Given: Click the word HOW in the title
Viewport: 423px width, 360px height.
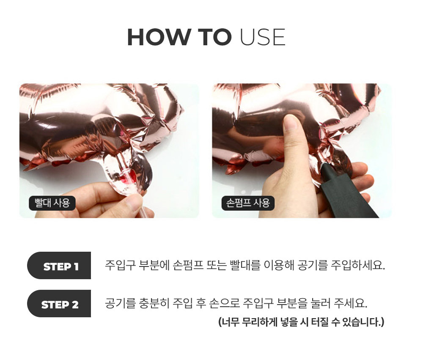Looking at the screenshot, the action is [158, 37].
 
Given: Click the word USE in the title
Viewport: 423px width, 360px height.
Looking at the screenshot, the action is [263, 37].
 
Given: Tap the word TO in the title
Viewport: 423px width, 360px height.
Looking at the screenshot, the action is [214, 37].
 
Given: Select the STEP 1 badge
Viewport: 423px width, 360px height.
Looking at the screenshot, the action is [59, 266].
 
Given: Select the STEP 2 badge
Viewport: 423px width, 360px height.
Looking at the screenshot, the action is [59, 304].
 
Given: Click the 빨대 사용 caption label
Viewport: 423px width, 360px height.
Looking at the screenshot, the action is [52, 203].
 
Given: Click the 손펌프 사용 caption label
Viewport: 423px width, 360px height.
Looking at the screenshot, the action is [248, 203].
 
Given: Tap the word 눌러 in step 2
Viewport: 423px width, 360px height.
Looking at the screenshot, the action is [321, 303].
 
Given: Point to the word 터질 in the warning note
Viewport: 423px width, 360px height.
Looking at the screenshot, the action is [320, 322].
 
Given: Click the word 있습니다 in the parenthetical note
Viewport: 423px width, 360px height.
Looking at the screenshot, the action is [363, 322].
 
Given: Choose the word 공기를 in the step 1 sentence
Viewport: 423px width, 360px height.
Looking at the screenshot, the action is [313, 265].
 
